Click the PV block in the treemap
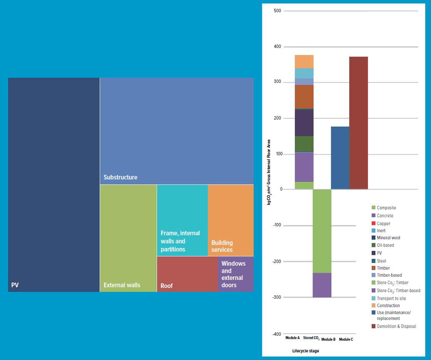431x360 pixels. pos(54,185)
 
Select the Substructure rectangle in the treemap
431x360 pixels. pos(177,131)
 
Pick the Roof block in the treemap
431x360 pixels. pos(187,274)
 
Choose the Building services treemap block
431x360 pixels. pos(231,220)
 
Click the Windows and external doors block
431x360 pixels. pos(236,274)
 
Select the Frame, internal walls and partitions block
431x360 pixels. pos(182,220)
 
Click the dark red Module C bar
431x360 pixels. pos(359,123)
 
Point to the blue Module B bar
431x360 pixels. pos(340,158)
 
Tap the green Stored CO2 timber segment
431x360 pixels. pos(322,231)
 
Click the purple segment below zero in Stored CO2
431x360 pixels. pos(322,285)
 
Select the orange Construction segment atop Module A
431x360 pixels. pos(304,62)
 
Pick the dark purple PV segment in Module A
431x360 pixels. pos(304,122)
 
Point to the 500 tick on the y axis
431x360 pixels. pos(277,11)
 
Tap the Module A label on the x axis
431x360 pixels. pos(292,338)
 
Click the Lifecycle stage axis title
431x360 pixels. pos(306,351)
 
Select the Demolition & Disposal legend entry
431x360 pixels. pos(396,327)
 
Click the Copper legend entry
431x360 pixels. pos(383,223)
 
